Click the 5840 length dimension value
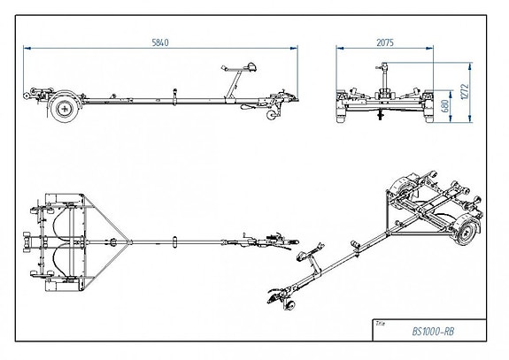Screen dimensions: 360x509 tap(159, 42)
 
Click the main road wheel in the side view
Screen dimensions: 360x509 tap(63, 110)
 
